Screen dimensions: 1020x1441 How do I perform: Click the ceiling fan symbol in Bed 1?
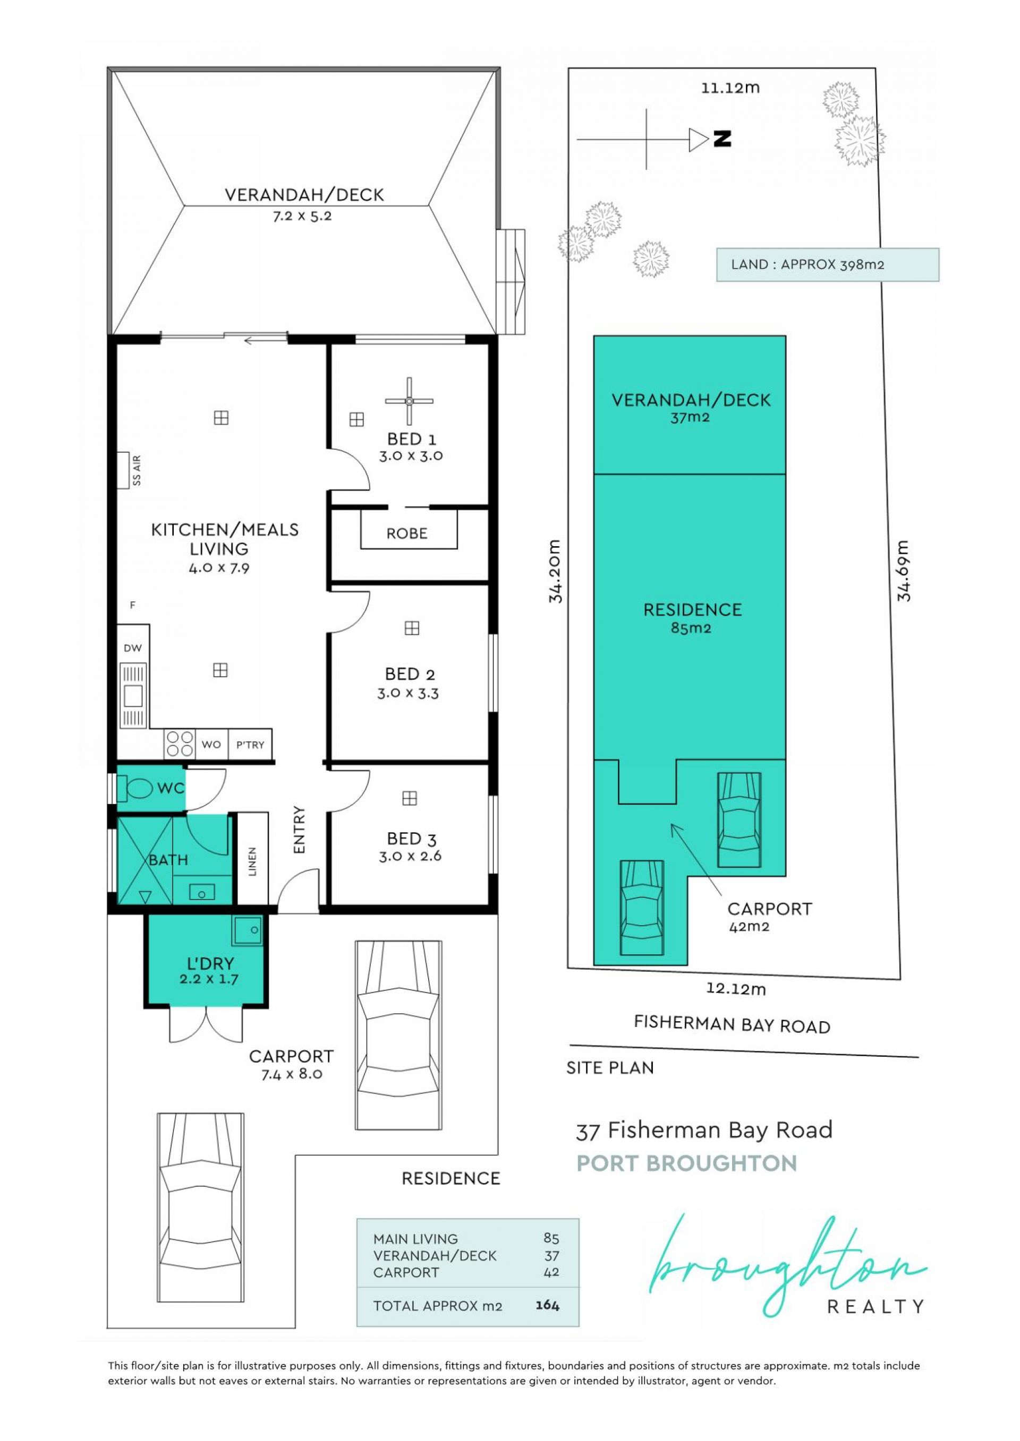pos(409,400)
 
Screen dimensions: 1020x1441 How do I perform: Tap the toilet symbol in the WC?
pos(135,788)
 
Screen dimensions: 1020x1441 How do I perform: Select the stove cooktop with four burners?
pos(180,744)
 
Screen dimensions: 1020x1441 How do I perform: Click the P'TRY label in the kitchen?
pos(250,745)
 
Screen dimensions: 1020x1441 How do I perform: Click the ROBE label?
pos(407,533)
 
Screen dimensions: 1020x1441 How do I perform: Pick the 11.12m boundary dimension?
pos(730,88)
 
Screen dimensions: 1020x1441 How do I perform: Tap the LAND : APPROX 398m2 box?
pos(828,265)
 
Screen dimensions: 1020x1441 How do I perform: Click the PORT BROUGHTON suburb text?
pos(686,1163)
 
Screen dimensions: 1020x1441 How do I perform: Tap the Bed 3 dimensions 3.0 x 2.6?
pos(410,856)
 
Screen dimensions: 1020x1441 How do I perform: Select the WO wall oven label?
pos(211,745)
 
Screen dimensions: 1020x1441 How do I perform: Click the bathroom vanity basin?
pos(202,892)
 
